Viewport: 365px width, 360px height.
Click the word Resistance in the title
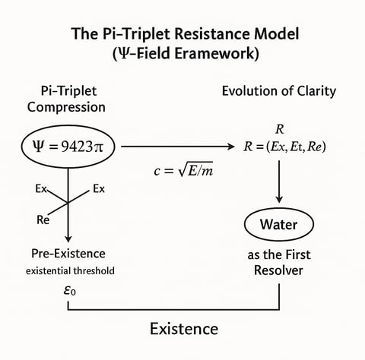(203, 33)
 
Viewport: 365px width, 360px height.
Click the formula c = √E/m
(183, 169)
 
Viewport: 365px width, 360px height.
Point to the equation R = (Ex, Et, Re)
(284, 147)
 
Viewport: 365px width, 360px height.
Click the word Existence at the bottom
(184, 329)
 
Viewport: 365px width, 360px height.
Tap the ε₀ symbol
(70, 291)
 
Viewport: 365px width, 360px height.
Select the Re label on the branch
(43, 219)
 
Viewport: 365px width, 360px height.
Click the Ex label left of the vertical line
(41, 189)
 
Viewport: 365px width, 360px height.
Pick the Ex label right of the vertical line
(99, 189)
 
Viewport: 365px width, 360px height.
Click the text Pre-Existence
(68, 254)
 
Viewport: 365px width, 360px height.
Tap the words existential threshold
(70, 271)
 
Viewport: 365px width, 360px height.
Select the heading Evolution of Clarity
(279, 91)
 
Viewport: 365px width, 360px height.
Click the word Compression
(66, 107)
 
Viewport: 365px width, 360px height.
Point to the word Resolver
(278, 270)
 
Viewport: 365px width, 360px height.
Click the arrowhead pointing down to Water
(279, 199)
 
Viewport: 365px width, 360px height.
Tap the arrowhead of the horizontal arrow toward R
(231, 147)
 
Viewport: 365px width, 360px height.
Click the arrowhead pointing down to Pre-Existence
(68, 238)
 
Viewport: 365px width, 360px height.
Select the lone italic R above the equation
(279, 129)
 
